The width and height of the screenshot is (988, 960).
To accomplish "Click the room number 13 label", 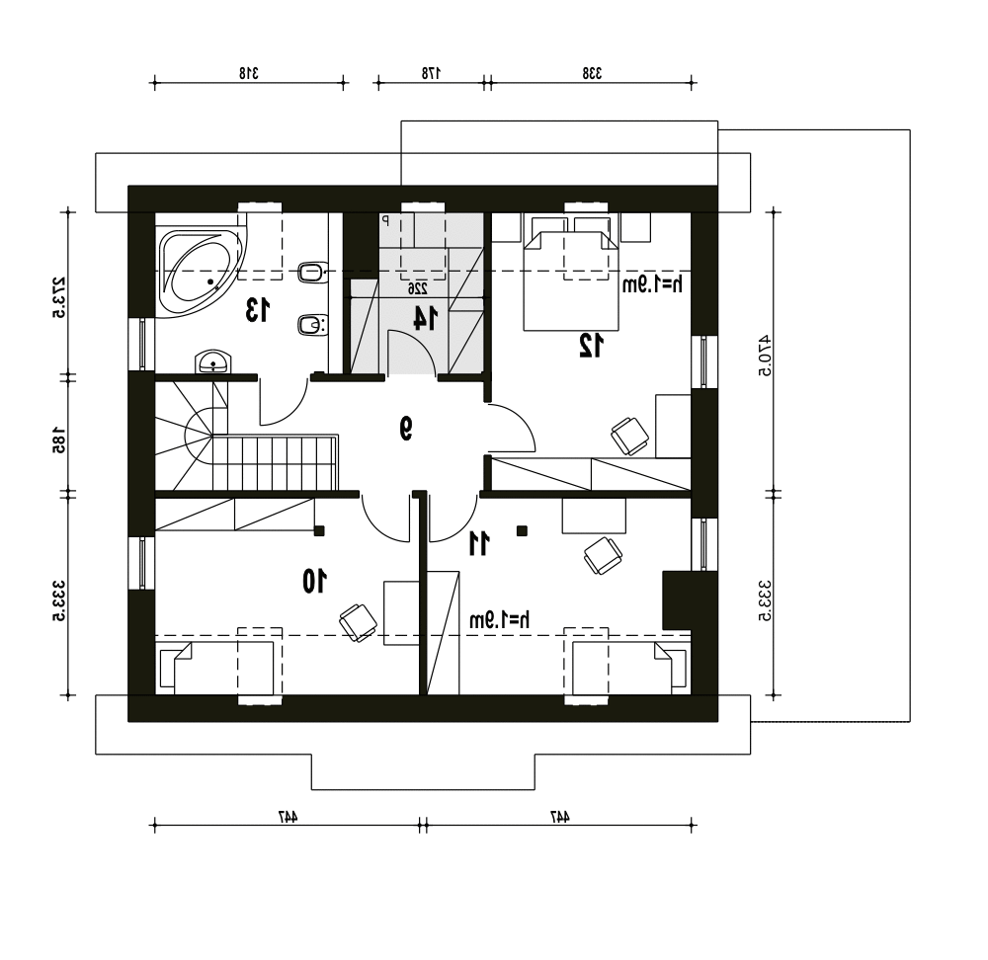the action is pos(257,310).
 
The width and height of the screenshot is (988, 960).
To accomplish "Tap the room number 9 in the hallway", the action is pos(406,429).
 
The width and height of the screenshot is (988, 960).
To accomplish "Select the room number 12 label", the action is pos(591,346).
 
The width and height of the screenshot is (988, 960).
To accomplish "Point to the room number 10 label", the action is pos(314,581).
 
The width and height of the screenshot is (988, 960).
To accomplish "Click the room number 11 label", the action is pos(479,543).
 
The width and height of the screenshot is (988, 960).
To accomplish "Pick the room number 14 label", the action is pos(424,317).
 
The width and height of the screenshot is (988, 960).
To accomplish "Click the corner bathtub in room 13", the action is pos(201,274).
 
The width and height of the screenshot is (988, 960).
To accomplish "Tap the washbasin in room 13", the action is pos(213,362).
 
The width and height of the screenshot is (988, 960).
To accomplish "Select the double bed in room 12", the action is pos(571,280).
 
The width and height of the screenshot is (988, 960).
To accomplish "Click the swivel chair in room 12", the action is pos(629,436).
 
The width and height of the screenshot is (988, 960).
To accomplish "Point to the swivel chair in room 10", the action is pos(358,622).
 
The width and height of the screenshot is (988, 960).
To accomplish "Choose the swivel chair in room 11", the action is pos(603,556).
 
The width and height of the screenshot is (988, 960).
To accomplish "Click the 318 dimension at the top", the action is pos(249,73).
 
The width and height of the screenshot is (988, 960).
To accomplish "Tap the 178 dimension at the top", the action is pos(431,73).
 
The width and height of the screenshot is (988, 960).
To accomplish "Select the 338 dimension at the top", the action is pos(592,73).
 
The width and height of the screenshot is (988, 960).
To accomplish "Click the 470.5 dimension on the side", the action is pos(765,355).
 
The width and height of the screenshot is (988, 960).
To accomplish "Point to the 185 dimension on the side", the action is pos(58,440).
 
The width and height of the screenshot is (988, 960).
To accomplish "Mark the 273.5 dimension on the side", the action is pos(58,297).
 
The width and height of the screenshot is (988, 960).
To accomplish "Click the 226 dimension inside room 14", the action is pos(417,288).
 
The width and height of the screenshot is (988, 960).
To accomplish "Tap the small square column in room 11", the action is pos(522,531).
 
